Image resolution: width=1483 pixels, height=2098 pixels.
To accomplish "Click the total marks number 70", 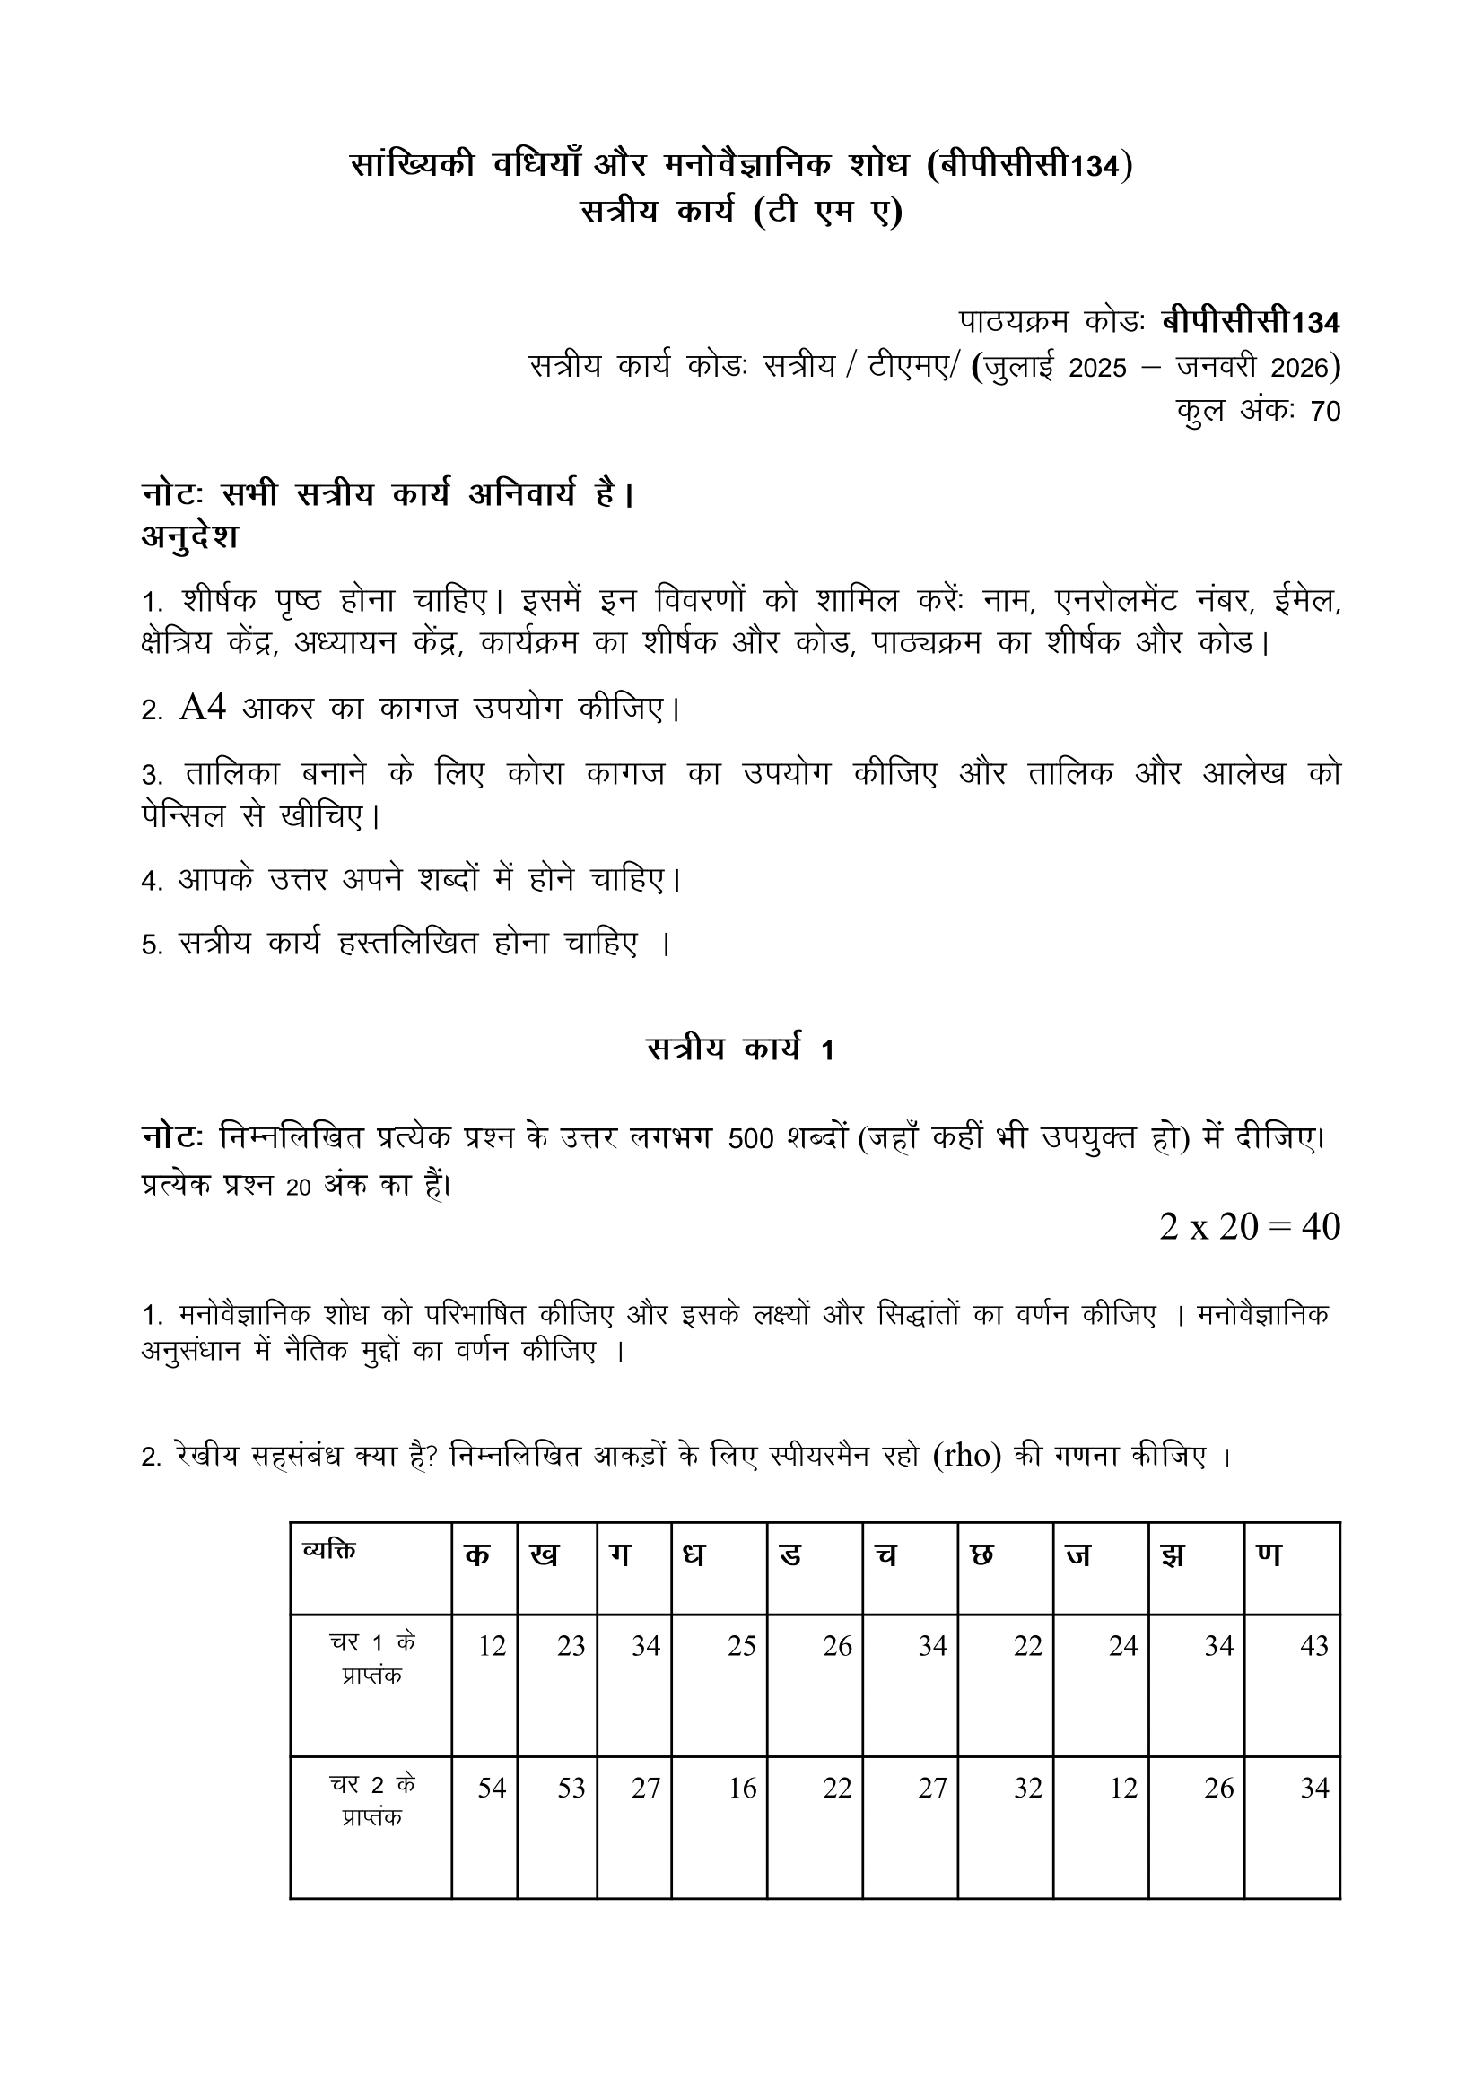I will (1325, 411).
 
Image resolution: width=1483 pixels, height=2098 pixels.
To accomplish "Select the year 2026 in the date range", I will (1301, 368).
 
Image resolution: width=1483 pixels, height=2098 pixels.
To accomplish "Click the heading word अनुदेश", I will (189, 536).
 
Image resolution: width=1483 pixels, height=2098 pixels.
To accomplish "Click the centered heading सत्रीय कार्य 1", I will (740, 1049).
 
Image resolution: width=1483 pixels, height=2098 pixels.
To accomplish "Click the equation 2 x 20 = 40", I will (1249, 1226).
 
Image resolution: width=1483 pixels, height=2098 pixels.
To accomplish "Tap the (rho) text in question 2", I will (968, 1455).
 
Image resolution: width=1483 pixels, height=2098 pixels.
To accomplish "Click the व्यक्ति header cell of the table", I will (329, 1550).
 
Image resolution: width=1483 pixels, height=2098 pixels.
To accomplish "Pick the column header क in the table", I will (477, 1554).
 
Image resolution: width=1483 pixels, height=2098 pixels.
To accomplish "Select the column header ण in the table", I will (1269, 1554).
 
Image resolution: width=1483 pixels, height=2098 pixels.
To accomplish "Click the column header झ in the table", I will (1173, 1554).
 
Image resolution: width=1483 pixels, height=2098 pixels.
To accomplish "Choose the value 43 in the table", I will (1313, 1646).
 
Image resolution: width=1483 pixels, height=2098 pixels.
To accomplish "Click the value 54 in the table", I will (492, 1789).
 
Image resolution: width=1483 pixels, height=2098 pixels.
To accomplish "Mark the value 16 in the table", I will (742, 1789).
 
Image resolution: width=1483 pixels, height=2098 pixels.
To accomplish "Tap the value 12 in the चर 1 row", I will (492, 1646).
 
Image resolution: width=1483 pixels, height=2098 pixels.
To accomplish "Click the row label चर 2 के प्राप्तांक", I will (372, 1800).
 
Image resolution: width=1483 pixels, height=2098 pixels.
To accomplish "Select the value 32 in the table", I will (1027, 1789).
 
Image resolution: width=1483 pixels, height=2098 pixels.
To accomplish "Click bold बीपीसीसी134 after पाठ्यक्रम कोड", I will (1250, 323).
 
